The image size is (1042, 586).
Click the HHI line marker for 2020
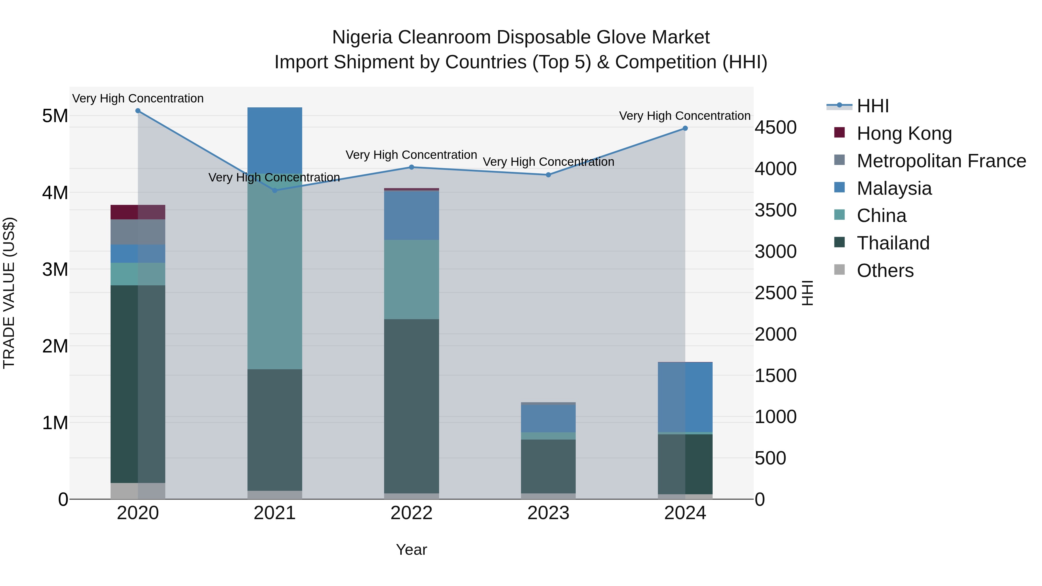[138, 111]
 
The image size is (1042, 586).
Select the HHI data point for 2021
[275, 190]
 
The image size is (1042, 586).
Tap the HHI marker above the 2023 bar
[548, 175]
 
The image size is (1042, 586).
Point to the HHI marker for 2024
[685, 128]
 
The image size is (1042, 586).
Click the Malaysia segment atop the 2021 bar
[275, 140]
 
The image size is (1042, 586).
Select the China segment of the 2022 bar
[411, 280]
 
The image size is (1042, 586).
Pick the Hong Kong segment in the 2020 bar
[138, 212]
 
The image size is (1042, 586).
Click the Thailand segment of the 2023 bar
[548, 466]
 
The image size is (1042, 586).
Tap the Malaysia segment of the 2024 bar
[685, 397]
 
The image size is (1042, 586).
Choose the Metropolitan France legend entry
[941, 161]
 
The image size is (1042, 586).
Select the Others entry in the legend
[885, 271]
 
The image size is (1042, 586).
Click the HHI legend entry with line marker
[858, 106]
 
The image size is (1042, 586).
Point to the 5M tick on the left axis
[55, 116]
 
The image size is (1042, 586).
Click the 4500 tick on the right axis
[775, 127]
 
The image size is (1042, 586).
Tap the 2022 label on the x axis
[411, 513]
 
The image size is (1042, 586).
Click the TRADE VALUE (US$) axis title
[9, 293]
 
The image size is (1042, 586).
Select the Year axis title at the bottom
[411, 550]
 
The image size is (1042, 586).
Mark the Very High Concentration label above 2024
[685, 116]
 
